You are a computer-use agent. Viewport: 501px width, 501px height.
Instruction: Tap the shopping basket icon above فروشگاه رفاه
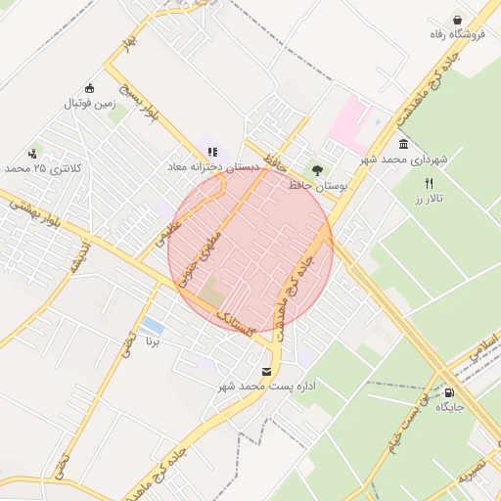tap(458, 19)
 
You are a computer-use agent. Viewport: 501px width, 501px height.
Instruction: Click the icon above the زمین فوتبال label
tap(90, 87)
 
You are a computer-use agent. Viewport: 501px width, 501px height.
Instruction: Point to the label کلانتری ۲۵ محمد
tap(42, 168)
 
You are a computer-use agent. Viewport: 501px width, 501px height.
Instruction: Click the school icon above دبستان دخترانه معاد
tap(211, 152)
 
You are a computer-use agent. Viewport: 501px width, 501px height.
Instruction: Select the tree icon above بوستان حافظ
tap(317, 168)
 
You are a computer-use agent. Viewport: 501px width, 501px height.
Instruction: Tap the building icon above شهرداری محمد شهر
tap(403, 144)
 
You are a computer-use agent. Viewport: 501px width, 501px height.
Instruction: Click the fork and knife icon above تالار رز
tap(429, 183)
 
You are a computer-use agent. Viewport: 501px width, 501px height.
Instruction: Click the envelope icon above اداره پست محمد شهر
tap(266, 371)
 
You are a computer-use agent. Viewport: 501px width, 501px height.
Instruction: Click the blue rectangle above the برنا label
tap(152, 325)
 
